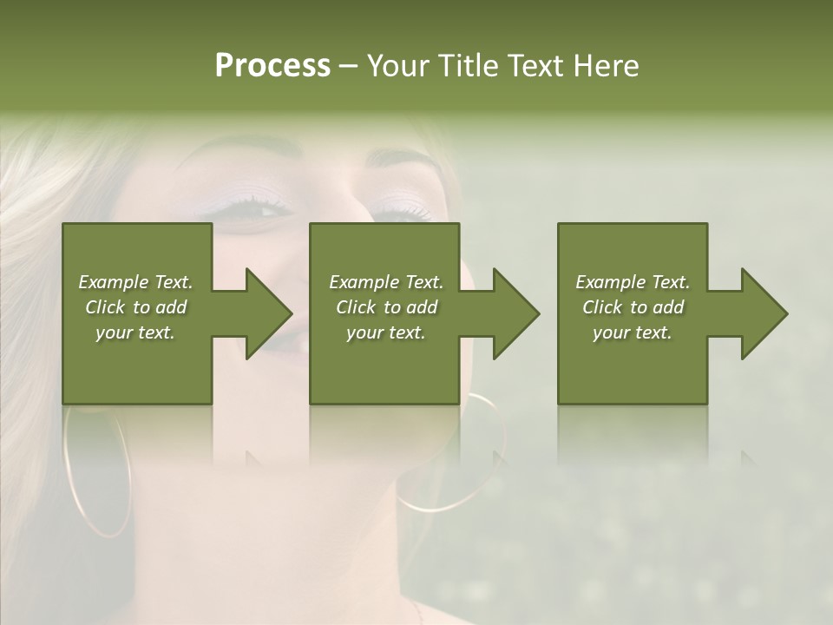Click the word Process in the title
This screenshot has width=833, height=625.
(x=272, y=66)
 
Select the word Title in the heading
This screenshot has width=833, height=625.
(x=466, y=66)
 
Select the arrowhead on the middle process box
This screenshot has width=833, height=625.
(x=515, y=313)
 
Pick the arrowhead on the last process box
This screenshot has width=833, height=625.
(x=764, y=313)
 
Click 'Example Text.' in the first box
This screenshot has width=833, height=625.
(x=135, y=282)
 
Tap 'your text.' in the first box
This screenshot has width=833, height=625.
(x=135, y=332)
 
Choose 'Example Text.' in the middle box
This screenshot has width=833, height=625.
(x=385, y=282)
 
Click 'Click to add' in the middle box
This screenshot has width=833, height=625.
(x=385, y=307)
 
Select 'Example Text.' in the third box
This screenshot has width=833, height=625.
(x=633, y=282)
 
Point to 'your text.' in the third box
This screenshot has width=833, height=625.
(x=633, y=332)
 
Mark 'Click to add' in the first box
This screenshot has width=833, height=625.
(x=135, y=307)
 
